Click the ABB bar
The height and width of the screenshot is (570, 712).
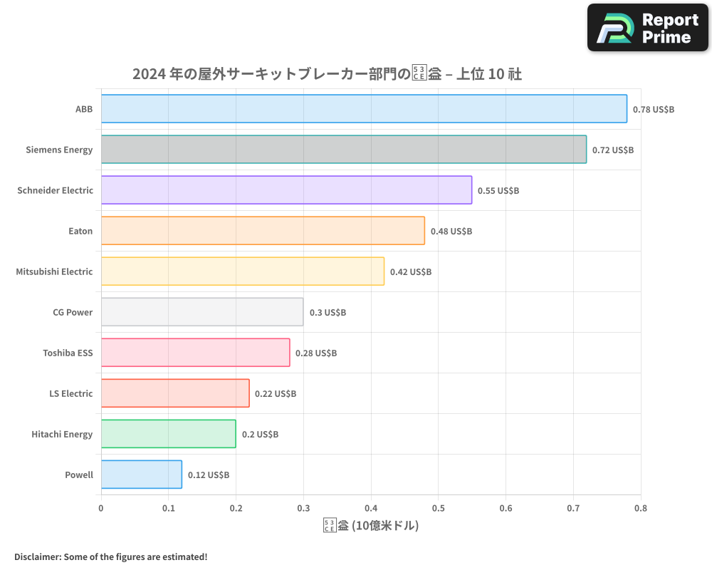(x=364, y=109)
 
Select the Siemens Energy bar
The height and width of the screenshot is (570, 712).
(x=344, y=150)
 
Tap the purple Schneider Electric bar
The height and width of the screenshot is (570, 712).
(x=286, y=190)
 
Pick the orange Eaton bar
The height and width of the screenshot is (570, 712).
(x=263, y=231)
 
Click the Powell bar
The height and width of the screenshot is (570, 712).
(x=142, y=475)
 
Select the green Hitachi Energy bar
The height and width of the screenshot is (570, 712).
(x=168, y=434)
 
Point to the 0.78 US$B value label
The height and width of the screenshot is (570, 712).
(x=654, y=110)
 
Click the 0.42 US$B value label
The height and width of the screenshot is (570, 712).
(x=411, y=272)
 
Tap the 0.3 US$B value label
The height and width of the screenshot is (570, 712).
(x=328, y=313)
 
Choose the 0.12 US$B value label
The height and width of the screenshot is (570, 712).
(x=209, y=475)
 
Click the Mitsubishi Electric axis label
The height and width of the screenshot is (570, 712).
(x=54, y=271)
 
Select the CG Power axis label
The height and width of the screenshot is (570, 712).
(x=73, y=312)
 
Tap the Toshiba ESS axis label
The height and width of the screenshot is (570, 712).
(x=68, y=353)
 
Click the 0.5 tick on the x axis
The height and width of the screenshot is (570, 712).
(x=438, y=508)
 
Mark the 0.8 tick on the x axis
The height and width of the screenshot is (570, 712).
(x=640, y=508)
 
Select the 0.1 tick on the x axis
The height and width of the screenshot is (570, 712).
(x=168, y=508)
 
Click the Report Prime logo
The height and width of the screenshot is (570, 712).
(x=647, y=28)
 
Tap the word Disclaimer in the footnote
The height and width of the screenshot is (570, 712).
(x=37, y=557)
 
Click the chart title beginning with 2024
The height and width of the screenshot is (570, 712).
(x=327, y=74)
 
